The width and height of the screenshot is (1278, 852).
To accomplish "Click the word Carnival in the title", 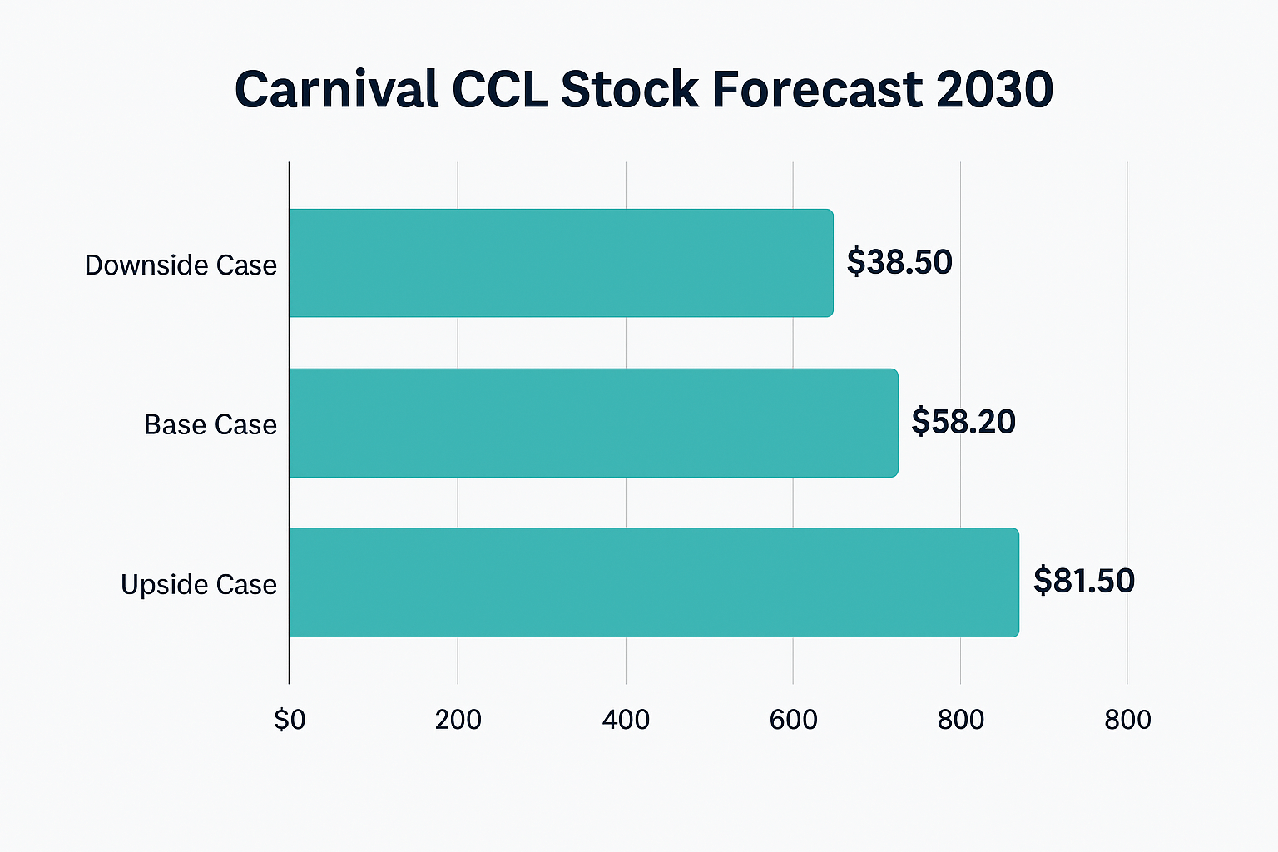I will [336, 89].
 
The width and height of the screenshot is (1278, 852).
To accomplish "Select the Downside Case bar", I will [561, 263].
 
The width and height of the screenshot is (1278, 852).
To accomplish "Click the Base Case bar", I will [593, 423].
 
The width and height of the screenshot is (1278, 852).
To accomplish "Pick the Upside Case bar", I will [653, 582].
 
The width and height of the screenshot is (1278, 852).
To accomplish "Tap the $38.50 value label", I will [899, 262].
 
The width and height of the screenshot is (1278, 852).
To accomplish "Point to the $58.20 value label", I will [963, 422].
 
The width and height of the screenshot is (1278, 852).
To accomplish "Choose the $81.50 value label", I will [1083, 581].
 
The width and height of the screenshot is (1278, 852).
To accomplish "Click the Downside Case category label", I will [181, 265].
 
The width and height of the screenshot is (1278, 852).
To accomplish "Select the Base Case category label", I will [210, 425].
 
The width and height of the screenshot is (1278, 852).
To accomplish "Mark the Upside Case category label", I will [198, 585].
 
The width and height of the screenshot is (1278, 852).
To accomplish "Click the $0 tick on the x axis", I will [290, 720].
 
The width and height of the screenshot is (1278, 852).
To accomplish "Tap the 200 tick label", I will [458, 720].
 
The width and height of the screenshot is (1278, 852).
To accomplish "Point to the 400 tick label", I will [626, 720].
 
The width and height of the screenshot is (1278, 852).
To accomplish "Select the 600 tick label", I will [793, 720].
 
